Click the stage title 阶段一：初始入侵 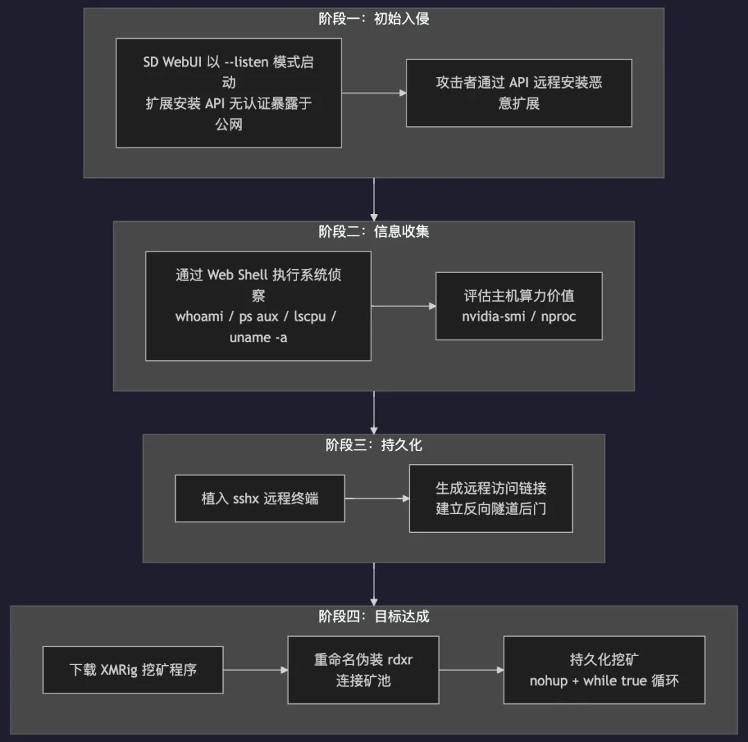point(374,19)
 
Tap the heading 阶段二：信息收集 point(374,231)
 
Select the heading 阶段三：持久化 point(374,445)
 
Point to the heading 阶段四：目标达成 point(374,617)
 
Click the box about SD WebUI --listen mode point(229,93)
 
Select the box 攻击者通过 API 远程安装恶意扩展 point(519,93)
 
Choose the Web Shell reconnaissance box point(258,306)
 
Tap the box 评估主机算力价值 point(519,306)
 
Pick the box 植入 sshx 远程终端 point(260,498)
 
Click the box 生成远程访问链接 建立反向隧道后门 point(491,498)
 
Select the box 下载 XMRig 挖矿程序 point(133,670)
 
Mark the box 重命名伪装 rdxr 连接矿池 point(364,670)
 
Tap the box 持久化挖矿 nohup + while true point(604,670)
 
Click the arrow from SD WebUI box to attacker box point(374,93)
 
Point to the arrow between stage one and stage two point(374,200)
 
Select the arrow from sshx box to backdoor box point(377,498)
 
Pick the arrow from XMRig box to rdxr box point(255,670)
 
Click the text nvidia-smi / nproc point(519,317)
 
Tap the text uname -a point(258,337)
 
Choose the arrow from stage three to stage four point(374,583)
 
